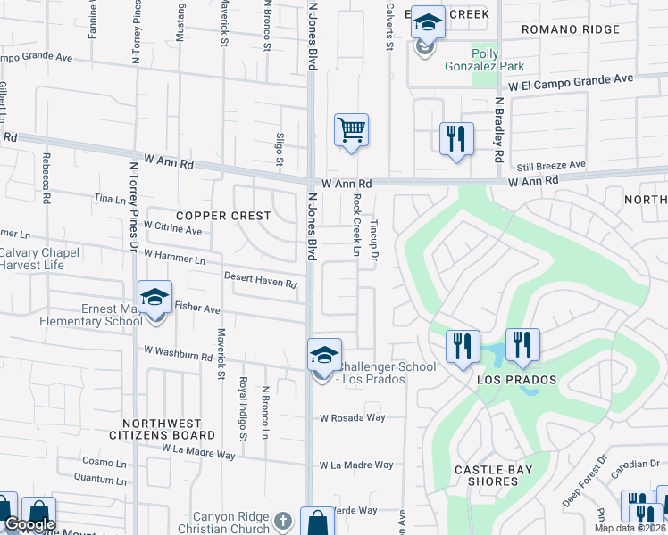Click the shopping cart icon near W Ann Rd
pos(351,130)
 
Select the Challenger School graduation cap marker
pos(323,355)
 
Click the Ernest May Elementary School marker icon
pos(154,297)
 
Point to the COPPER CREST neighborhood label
pos(223,216)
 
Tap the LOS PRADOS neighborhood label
pos(517,380)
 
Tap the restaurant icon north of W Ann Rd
pos(456,138)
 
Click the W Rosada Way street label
pos(352,417)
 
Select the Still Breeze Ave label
pos(551,165)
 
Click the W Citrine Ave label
pos(172,229)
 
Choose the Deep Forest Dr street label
pos(585,484)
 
